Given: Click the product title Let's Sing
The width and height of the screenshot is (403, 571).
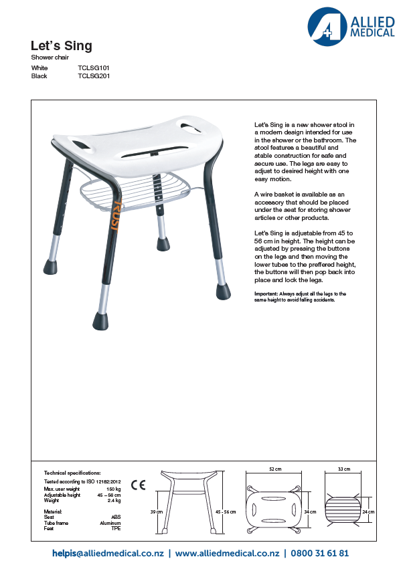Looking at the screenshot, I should pyautogui.click(x=61, y=46).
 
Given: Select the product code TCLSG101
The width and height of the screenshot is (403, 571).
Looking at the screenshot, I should pyautogui.click(x=94, y=68).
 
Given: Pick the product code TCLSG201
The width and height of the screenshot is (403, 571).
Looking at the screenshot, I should pyautogui.click(x=94, y=76).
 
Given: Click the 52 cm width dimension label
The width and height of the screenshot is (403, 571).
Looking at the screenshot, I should pyautogui.click(x=274, y=469).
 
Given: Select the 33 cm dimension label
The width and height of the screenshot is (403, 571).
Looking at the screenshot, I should pyautogui.click(x=344, y=469).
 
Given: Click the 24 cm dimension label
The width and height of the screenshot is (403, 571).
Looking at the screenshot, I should pyautogui.click(x=368, y=511).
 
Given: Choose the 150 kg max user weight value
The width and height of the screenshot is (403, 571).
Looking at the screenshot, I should pyautogui.click(x=114, y=489).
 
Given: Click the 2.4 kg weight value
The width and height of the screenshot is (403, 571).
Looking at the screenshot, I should pyautogui.click(x=114, y=500).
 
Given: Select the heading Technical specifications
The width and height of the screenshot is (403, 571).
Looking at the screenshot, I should pyautogui.click(x=72, y=472).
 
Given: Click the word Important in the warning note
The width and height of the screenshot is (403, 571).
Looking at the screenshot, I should pyautogui.click(x=266, y=294).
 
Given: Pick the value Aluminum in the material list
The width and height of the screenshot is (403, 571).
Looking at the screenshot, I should pyautogui.click(x=110, y=523).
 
